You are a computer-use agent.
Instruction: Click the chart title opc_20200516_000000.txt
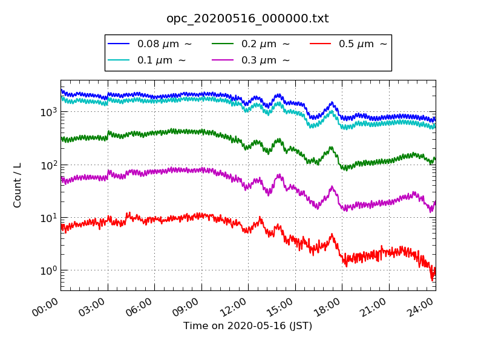(247, 19)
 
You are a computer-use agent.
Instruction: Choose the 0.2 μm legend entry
(253, 44)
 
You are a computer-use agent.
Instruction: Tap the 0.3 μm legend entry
(253, 60)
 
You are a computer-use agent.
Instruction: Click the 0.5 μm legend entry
(351, 44)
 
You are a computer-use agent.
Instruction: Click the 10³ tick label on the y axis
(48, 112)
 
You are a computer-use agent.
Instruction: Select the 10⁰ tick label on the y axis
(48, 270)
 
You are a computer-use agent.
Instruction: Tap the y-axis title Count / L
(18, 185)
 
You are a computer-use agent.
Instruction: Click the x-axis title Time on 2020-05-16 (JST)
(247, 326)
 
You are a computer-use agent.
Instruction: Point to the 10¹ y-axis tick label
(48, 217)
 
